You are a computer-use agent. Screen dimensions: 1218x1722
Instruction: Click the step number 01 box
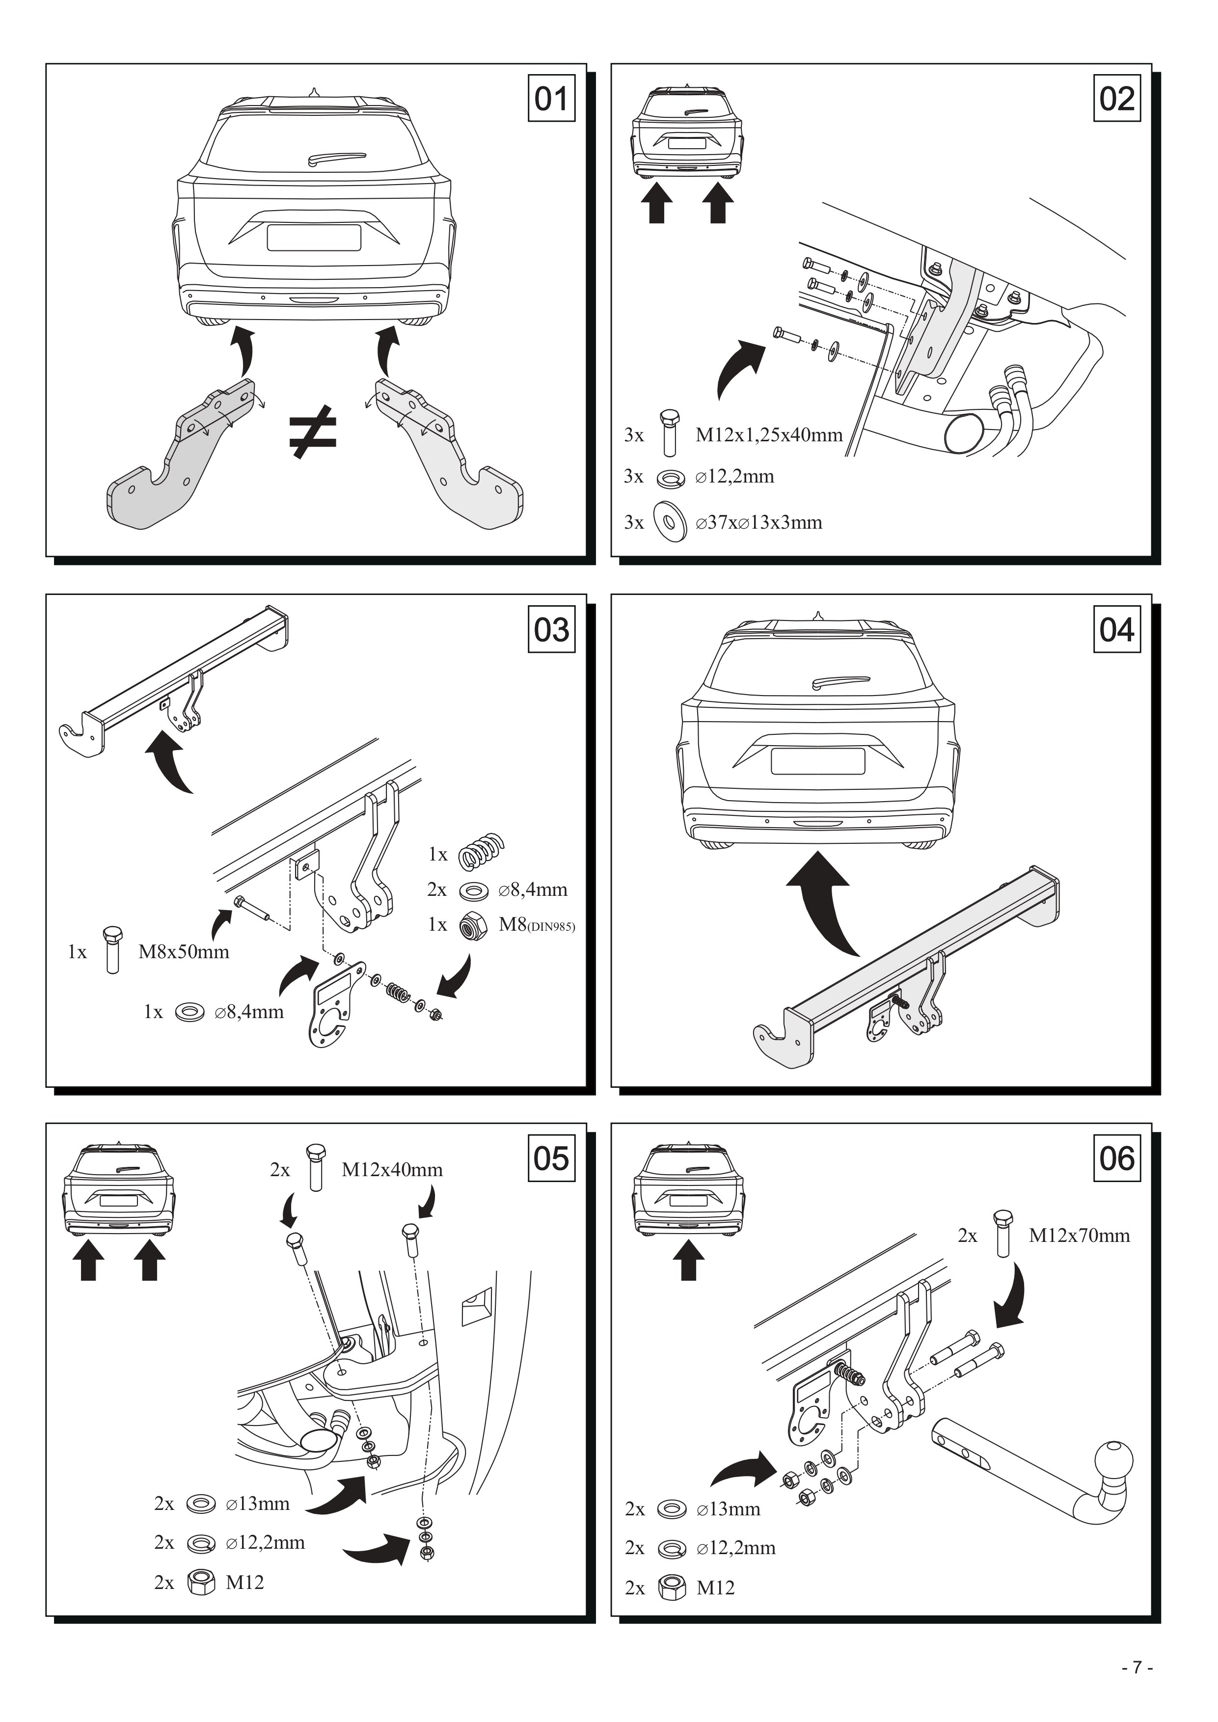(551, 98)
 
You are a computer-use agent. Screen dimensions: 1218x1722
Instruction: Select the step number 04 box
(1117, 629)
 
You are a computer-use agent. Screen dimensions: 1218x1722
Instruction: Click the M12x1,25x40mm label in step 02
(769, 434)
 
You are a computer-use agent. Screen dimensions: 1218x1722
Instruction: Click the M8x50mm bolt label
(184, 952)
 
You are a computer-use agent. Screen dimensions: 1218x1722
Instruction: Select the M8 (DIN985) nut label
(537, 925)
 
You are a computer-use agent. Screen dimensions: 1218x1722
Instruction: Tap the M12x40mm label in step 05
(392, 1169)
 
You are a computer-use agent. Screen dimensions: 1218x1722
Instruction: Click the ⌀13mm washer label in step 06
(728, 1509)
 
